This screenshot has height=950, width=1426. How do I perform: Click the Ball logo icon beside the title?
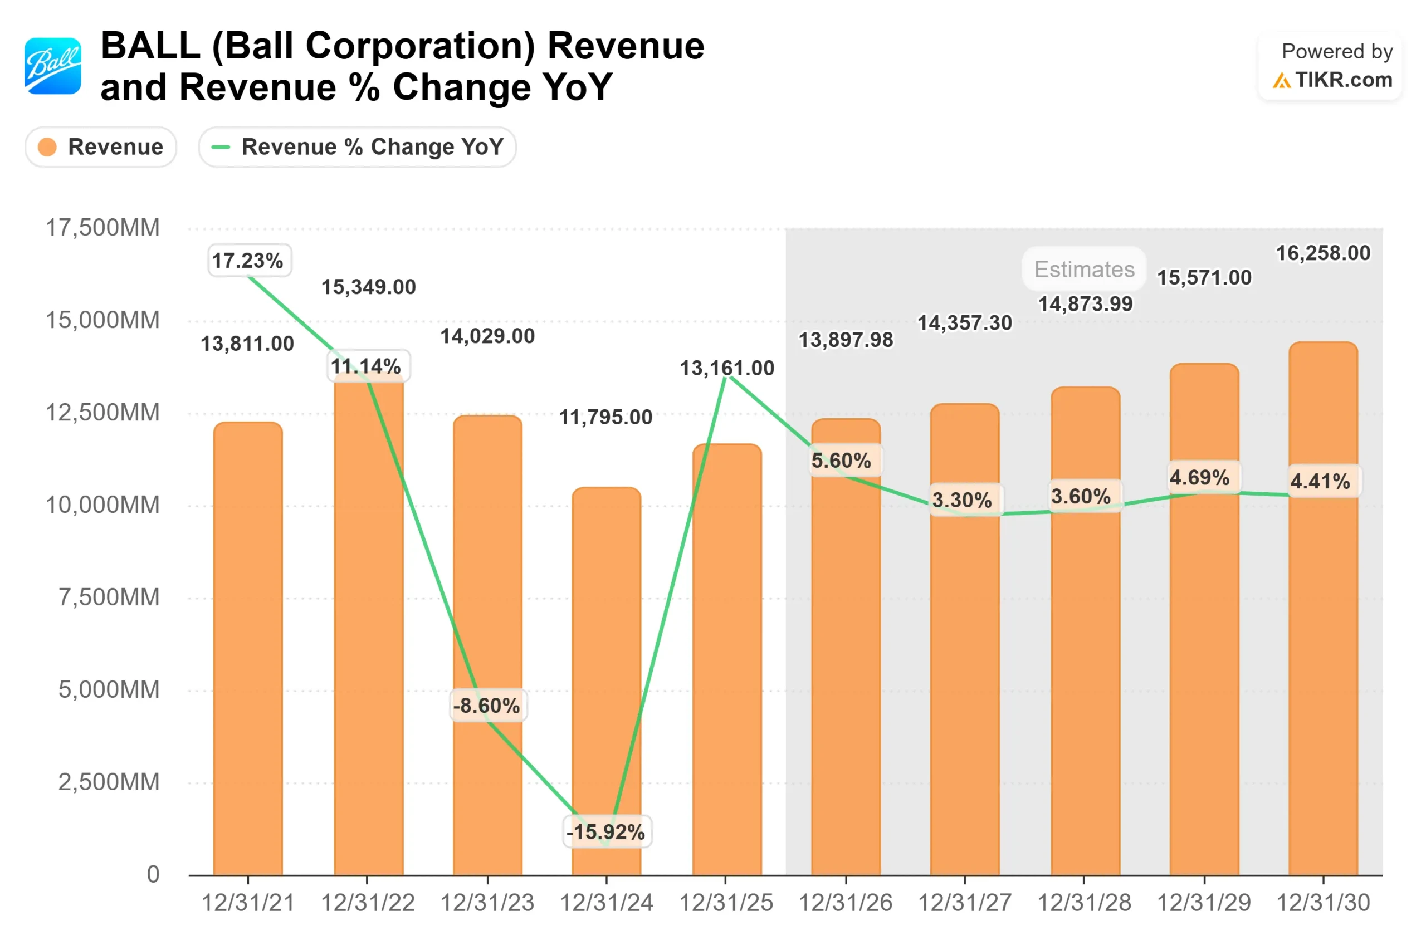tap(53, 66)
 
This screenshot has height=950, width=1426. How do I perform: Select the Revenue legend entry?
tap(101, 147)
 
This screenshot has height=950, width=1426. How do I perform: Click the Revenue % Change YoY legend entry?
tap(357, 147)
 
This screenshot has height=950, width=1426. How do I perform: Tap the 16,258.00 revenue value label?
tap(1322, 253)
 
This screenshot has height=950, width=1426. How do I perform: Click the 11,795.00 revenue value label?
tap(605, 418)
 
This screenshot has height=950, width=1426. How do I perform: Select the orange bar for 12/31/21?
tap(248, 648)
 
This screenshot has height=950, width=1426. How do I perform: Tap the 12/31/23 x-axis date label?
tap(487, 903)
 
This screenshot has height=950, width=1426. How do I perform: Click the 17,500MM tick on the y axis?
tap(102, 228)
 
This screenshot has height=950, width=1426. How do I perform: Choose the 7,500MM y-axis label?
tap(109, 598)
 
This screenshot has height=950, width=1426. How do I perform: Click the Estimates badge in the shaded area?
tap(1083, 269)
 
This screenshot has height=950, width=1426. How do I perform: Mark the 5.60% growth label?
tap(841, 461)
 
